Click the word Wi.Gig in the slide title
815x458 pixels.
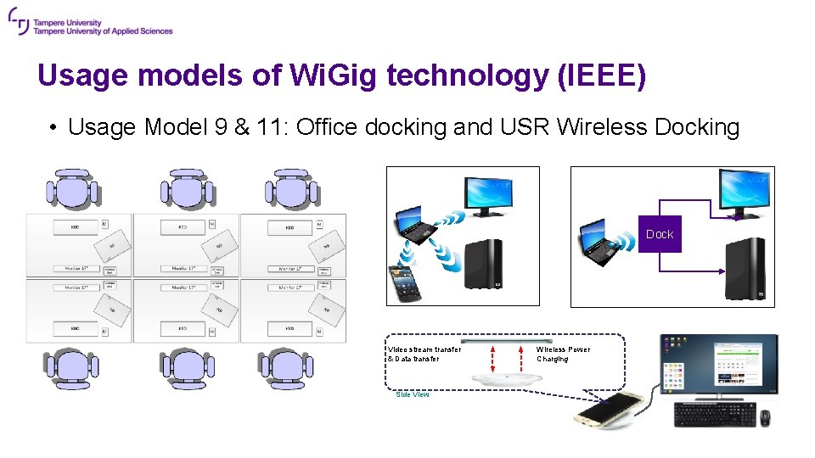click(x=334, y=75)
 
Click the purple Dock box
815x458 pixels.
click(x=660, y=234)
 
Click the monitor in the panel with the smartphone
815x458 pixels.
click(x=486, y=197)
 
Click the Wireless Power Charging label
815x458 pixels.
click(x=563, y=354)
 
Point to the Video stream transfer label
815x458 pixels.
click(x=424, y=354)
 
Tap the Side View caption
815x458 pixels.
click(x=413, y=394)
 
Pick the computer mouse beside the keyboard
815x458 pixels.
click(x=765, y=416)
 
